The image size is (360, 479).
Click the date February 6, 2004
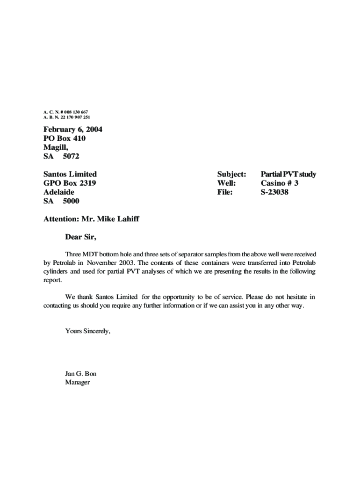click(72, 130)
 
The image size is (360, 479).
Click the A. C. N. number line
click(65, 112)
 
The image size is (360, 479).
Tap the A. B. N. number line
click(67, 117)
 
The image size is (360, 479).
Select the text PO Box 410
click(65, 138)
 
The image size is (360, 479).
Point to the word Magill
click(56, 147)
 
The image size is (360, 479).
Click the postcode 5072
click(71, 156)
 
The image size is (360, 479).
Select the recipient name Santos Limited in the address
click(70, 174)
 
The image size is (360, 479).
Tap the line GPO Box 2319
click(70, 183)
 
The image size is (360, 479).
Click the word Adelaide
click(59, 192)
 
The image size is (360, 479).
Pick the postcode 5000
click(71, 201)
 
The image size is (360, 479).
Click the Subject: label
click(231, 174)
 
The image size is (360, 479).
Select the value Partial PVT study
click(288, 174)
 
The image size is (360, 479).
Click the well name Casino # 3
click(280, 183)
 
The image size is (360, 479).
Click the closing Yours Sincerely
click(88, 331)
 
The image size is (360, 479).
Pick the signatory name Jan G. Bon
click(81, 374)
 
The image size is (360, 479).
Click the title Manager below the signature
click(78, 382)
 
